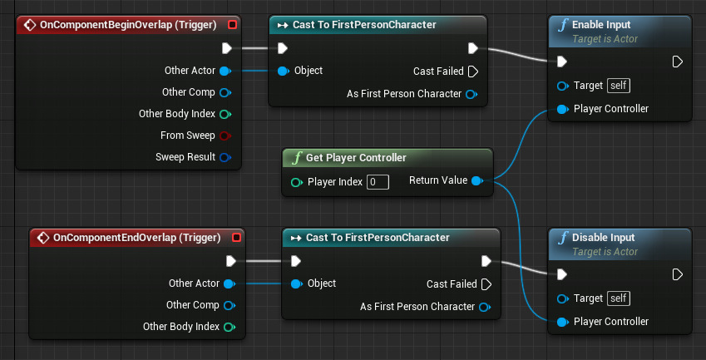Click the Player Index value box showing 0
click(x=378, y=181)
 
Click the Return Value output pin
click(x=476, y=180)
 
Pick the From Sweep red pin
click(x=225, y=136)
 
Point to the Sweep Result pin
click(x=225, y=157)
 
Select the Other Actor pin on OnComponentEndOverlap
click(x=228, y=284)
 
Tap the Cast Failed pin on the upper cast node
click(x=473, y=72)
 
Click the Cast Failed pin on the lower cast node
click(x=486, y=284)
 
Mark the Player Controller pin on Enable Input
click(x=562, y=109)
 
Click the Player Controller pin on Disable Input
click(x=562, y=322)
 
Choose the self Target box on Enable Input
click(x=618, y=86)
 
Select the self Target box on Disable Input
click(x=618, y=298)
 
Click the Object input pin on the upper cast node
click(x=283, y=71)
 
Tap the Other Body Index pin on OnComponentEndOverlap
click(x=228, y=327)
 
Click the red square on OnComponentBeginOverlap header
click(x=232, y=25)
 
